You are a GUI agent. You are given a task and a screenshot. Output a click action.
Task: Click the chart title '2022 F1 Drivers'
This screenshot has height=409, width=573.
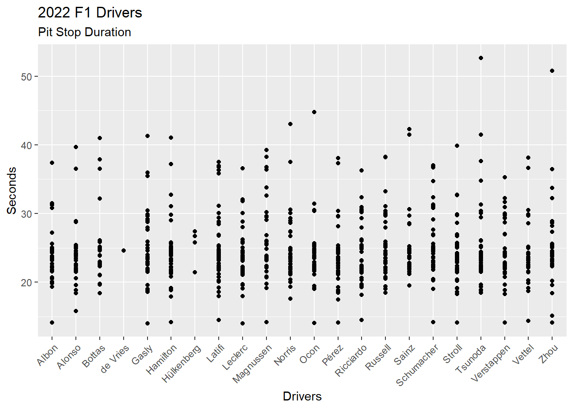tap(90, 13)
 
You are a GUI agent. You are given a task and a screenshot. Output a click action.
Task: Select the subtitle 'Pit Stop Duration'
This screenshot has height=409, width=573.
tap(84, 32)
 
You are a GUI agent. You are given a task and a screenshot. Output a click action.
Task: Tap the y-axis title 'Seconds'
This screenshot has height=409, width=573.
tap(12, 190)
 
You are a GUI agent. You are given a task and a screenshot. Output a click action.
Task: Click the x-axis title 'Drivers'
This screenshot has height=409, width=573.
tap(302, 396)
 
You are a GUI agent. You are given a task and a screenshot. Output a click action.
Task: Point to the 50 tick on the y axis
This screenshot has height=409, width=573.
tap(26, 77)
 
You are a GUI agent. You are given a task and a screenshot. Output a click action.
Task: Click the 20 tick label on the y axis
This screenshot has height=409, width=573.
tap(26, 282)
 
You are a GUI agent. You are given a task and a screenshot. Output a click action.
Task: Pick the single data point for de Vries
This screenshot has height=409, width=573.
tap(124, 251)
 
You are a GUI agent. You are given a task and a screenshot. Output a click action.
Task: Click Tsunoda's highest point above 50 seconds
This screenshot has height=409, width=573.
tap(481, 58)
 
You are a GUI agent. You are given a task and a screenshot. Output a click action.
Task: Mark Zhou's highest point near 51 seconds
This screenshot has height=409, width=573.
tap(552, 71)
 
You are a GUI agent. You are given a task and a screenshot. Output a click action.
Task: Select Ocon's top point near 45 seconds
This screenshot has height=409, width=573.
tap(314, 112)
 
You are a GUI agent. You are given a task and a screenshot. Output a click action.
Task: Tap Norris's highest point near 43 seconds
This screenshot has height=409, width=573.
tap(290, 124)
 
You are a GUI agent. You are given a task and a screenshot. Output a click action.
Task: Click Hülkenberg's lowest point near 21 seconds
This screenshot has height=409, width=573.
tap(195, 272)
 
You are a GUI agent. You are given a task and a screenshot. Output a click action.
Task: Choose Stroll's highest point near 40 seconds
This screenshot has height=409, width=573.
tap(457, 146)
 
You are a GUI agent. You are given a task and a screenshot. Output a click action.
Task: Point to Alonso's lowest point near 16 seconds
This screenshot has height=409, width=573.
tap(76, 311)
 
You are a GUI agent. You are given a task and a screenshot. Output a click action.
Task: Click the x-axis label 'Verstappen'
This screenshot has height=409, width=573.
tap(491, 363)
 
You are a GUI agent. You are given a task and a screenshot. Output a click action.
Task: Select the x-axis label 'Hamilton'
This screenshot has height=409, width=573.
tap(161, 360)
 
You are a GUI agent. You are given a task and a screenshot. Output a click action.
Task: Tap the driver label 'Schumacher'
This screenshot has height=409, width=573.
tap(417, 365)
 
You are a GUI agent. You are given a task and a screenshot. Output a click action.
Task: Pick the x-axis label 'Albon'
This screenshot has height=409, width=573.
tap(47, 355)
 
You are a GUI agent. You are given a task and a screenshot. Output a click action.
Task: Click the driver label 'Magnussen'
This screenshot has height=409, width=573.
tap(252, 364)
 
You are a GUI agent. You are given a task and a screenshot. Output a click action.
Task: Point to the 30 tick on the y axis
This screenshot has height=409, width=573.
tap(26, 214)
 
